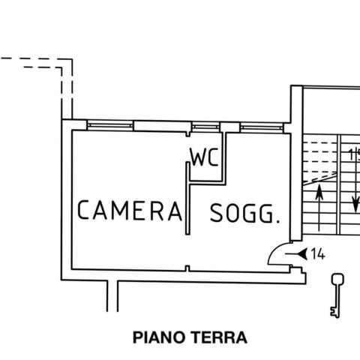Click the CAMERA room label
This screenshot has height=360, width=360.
pyautogui.click(x=130, y=210)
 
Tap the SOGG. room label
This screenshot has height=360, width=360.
pyautogui.click(x=244, y=213)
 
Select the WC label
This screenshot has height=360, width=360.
pyautogui.click(x=204, y=157)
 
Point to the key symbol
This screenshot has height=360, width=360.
pyautogui.click(x=337, y=295)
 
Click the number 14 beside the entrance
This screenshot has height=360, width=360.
pyautogui.click(x=318, y=254)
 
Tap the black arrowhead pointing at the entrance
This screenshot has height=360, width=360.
pyautogui.click(x=303, y=254)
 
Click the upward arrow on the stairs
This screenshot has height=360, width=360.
pyautogui.click(x=319, y=208)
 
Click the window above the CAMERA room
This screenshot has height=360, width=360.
pyautogui.click(x=110, y=125)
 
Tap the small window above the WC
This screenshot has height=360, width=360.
pyautogui.click(x=205, y=127)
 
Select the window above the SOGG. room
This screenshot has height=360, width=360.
pyautogui.click(x=262, y=127)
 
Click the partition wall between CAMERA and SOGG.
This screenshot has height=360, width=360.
pyautogui.click(x=187, y=198)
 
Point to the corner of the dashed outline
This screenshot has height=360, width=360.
pyautogui.click(x=72, y=59)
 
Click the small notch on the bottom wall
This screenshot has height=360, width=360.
pyautogui.click(x=187, y=268)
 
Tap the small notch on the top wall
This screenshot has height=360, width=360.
pyautogui.click(x=188, y=134)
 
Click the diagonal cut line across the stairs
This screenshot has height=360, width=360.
pyautogui.click(x=320, y=178)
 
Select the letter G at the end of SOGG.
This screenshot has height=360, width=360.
pyautogui.click(x=266, y=214)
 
